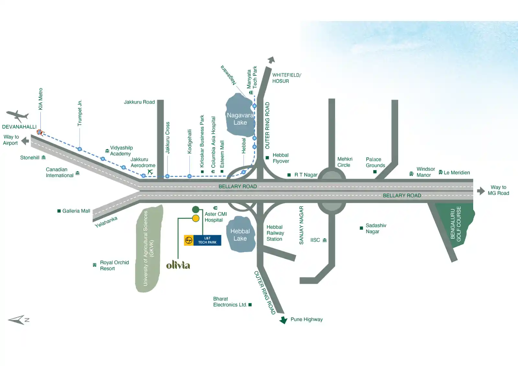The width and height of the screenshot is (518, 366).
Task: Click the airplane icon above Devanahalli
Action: tap(17, 116)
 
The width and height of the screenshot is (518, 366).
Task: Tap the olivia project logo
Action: tap(178, 265)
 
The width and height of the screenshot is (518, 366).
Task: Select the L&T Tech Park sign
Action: tap(203, 240)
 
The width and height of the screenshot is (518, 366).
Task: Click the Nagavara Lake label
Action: tap(240, 119)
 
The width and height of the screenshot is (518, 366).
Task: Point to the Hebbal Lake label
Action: tap(240, 235)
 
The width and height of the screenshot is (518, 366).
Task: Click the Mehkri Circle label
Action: tap(344, 162)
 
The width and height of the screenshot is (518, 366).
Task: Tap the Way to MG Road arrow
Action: tap(481, 191)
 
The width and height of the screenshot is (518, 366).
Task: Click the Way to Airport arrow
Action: tap(25, 141)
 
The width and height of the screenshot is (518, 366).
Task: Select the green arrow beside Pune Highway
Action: tap(284, 320)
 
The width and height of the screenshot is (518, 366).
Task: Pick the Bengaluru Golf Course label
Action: tap(456, 224)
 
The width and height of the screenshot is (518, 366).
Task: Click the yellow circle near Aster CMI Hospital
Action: tap(196, 218)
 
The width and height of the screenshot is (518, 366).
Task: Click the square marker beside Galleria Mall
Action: tap(59, 211)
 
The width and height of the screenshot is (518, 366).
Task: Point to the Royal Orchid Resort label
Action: tap(114, 265)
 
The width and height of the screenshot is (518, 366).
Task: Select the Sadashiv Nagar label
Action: tap(376, 228)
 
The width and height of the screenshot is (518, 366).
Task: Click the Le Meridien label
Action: tap(456, 173)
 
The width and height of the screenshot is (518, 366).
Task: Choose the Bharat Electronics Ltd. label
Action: tap(230, 302)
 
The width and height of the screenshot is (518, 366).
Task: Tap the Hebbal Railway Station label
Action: tap(275, 233)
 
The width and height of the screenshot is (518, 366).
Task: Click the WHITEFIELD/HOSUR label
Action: tap(287, 78)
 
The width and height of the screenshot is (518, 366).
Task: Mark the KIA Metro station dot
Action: tap(39, 132)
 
